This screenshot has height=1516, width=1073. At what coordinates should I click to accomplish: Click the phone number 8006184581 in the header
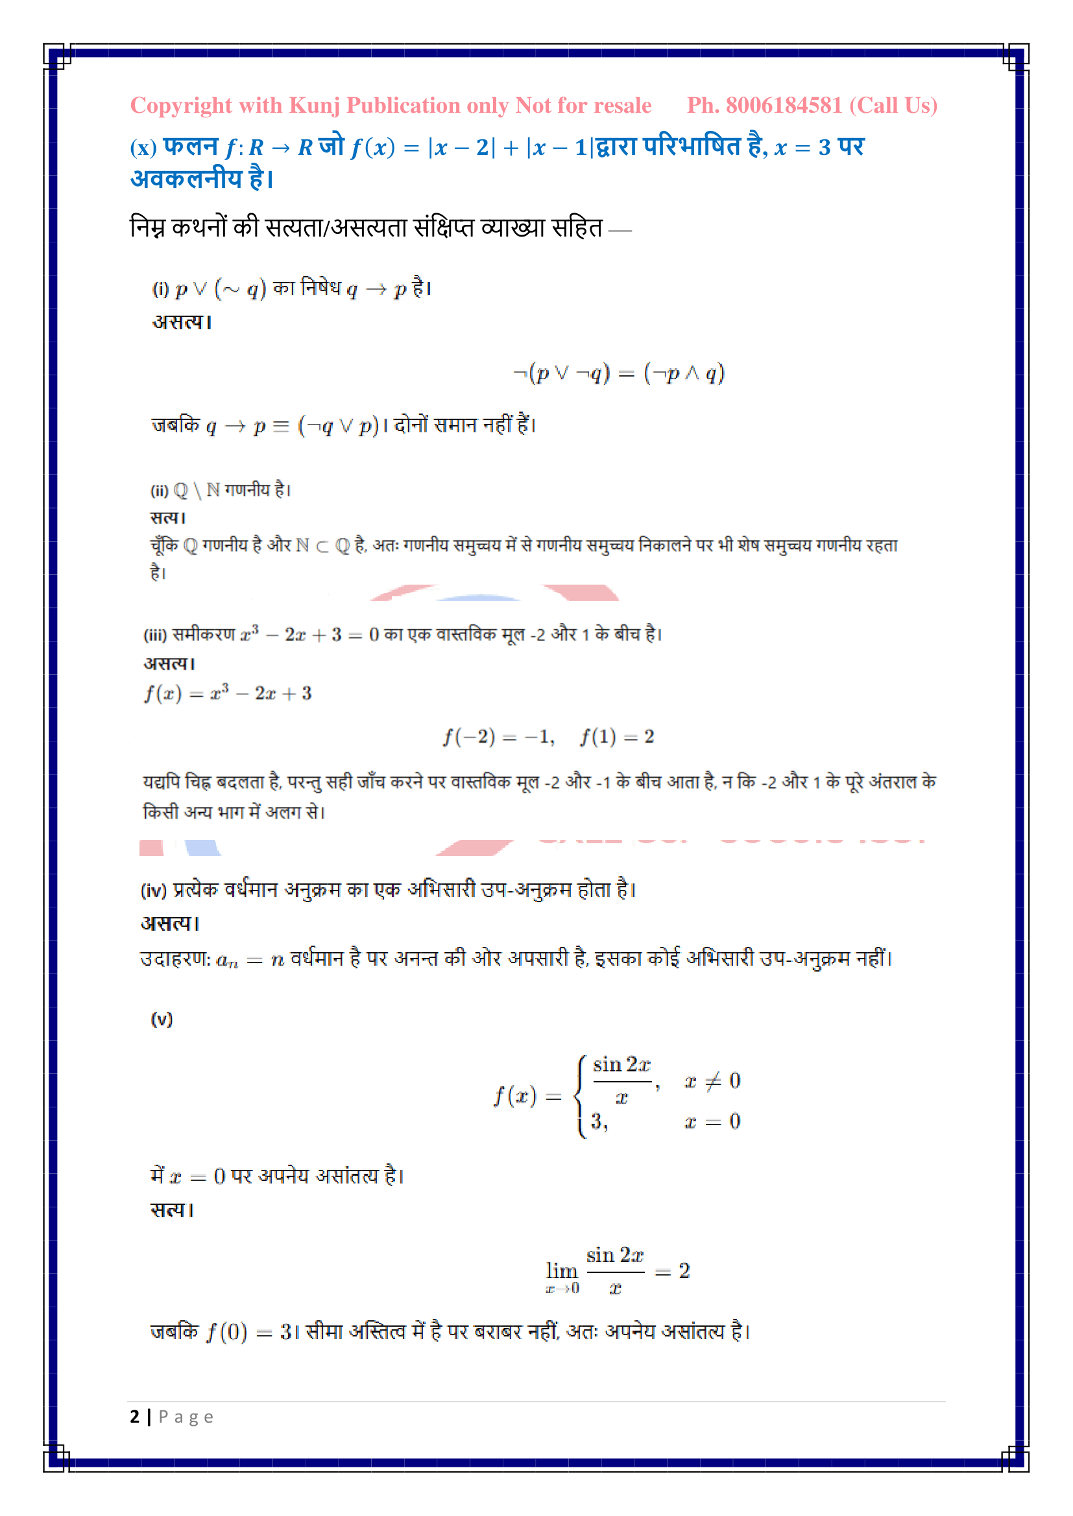(x=784, y=106)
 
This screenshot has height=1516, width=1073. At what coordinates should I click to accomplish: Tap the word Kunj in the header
(x=315, y=106)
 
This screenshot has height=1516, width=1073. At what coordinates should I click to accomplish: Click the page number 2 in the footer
(x=135, y=1416)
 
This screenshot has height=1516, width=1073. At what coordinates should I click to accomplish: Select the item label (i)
(x=160, y=289)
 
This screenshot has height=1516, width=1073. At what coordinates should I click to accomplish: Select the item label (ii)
(x=159, y=491)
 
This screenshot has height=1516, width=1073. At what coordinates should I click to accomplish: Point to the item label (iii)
(x=155, y=635)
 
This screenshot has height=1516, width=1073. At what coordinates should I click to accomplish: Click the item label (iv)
(x=153, y=891)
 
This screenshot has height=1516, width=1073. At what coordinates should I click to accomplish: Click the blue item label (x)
(x=143, y=147)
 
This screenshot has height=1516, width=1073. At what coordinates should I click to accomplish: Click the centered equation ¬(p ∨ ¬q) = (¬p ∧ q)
(x=618, y=374)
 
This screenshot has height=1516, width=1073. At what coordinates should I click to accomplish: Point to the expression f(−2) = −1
(x=498, y=736)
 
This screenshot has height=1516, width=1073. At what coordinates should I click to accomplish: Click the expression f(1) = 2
(x=617, y=736)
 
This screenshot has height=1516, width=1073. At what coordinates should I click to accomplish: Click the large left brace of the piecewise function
(x=581, y=1096)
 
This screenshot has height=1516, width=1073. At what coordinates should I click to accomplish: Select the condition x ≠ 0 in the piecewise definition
(x=712, y=1081)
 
